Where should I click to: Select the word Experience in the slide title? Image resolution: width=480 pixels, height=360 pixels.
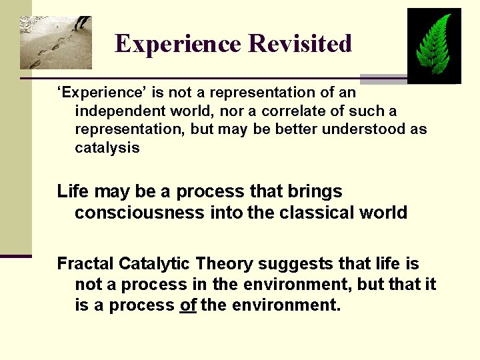178,44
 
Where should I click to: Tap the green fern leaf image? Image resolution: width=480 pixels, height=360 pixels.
434,45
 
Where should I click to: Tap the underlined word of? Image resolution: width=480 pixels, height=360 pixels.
188,306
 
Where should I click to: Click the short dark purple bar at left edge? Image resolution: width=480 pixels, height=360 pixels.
15,255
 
